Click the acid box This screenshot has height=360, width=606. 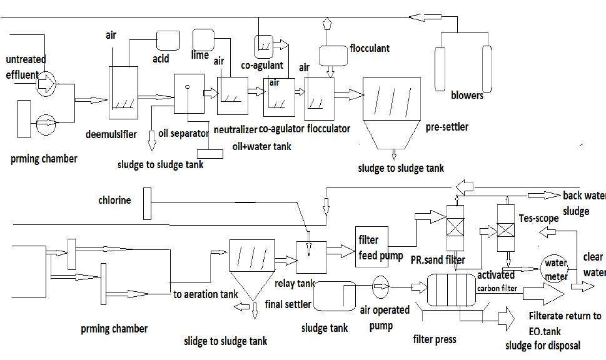pyautogui.click(x=167, y=40)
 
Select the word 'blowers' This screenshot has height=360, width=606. pyautogui.click(x=467, y=96)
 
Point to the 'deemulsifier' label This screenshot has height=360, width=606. pyautogui.click(x=110, y=134)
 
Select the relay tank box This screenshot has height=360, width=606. pyautogui.click(x=311, y=257)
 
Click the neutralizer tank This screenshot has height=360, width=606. pyautogui.click(x=233, y=95)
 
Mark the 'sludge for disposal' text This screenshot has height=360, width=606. pyautogui.click(x=542, y=345)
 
